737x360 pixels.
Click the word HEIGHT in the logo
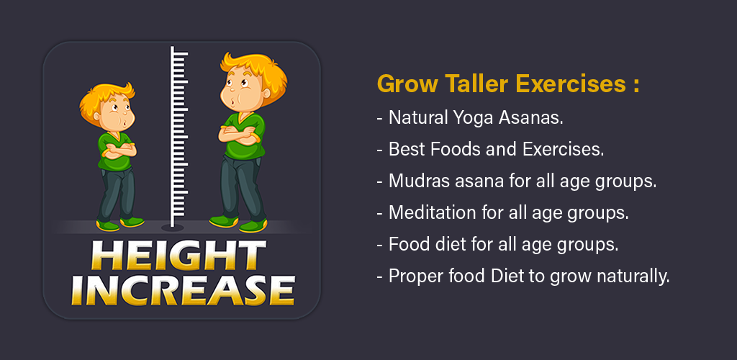(178, 256)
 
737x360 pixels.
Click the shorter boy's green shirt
(114, 151)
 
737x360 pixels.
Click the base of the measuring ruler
(173, 228)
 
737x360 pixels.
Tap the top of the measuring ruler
(173, 48)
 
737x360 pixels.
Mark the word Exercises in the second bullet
(563, 150)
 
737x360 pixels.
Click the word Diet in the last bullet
(507, 276)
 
